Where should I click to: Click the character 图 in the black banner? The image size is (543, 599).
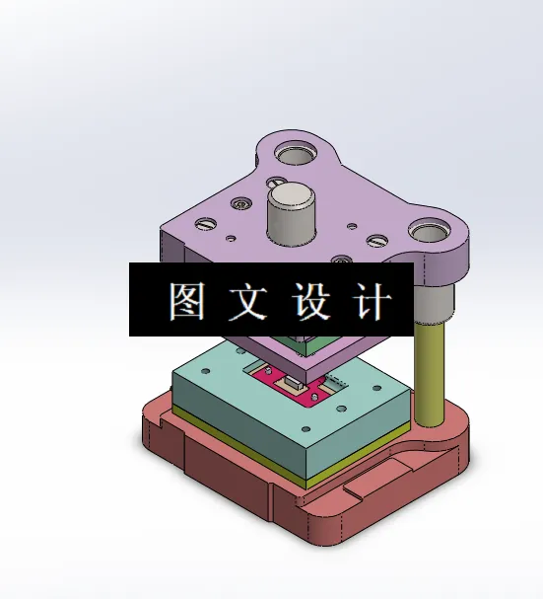pos(186,301)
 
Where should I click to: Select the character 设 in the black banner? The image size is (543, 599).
pos(310,301)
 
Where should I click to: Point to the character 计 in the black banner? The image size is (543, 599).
pos(373,301)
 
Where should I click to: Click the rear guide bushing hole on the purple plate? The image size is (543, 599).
pos(296,154)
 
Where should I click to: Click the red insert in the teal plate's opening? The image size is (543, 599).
pos(286,386)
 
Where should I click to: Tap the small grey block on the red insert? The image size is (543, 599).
pos(293,380)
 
